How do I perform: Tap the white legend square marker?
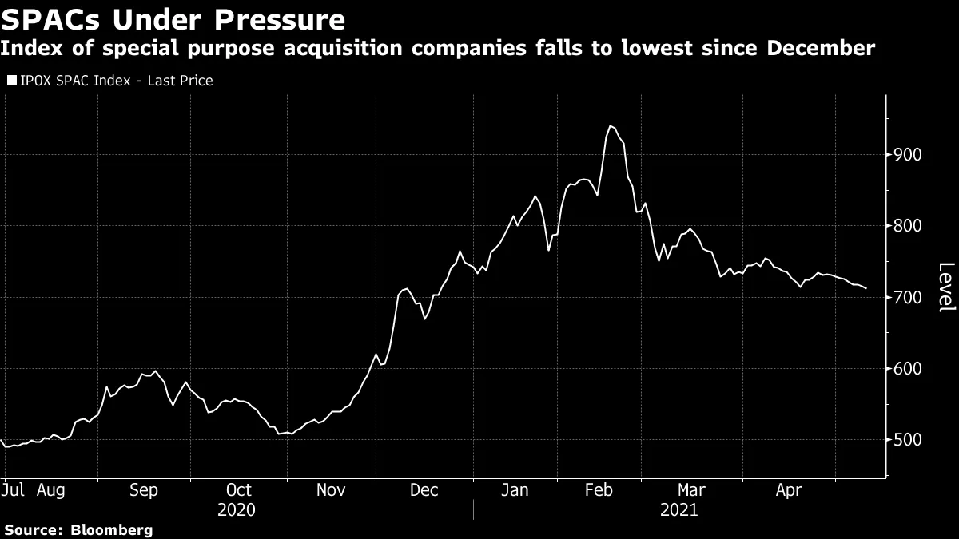[x=12, y=81]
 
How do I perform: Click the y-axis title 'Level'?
[x=945, y=287]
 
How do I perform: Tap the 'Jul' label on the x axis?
[x=12, y=489]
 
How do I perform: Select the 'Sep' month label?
[x=145, y=489]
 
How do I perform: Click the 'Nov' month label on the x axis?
[x=332, y=489]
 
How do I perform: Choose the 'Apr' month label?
[x=789, y=489]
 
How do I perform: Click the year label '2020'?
[x=237, y=509]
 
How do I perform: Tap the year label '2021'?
[x=678, y=509]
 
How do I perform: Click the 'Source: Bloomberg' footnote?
[x=78, y=529]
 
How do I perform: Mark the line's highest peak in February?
[x=610, y=125]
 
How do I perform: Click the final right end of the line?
[x=866, y=288]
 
